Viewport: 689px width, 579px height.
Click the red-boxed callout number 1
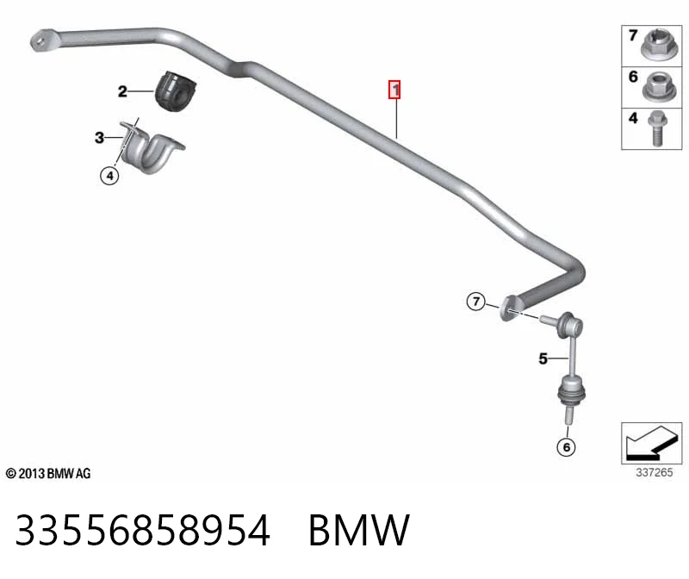coord(394,90)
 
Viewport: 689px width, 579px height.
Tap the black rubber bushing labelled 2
coord(175,91)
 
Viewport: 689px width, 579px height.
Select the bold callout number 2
coord(122,91)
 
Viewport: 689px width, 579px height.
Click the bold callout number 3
coord(100,138)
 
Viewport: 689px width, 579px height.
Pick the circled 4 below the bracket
coord(109,176)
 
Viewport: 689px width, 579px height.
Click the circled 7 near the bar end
coord(476,302)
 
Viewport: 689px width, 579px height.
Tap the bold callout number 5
coord(543,358)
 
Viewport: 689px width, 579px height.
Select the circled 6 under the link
coord(566,447)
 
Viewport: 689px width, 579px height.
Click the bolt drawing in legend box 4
coord(656,128)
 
